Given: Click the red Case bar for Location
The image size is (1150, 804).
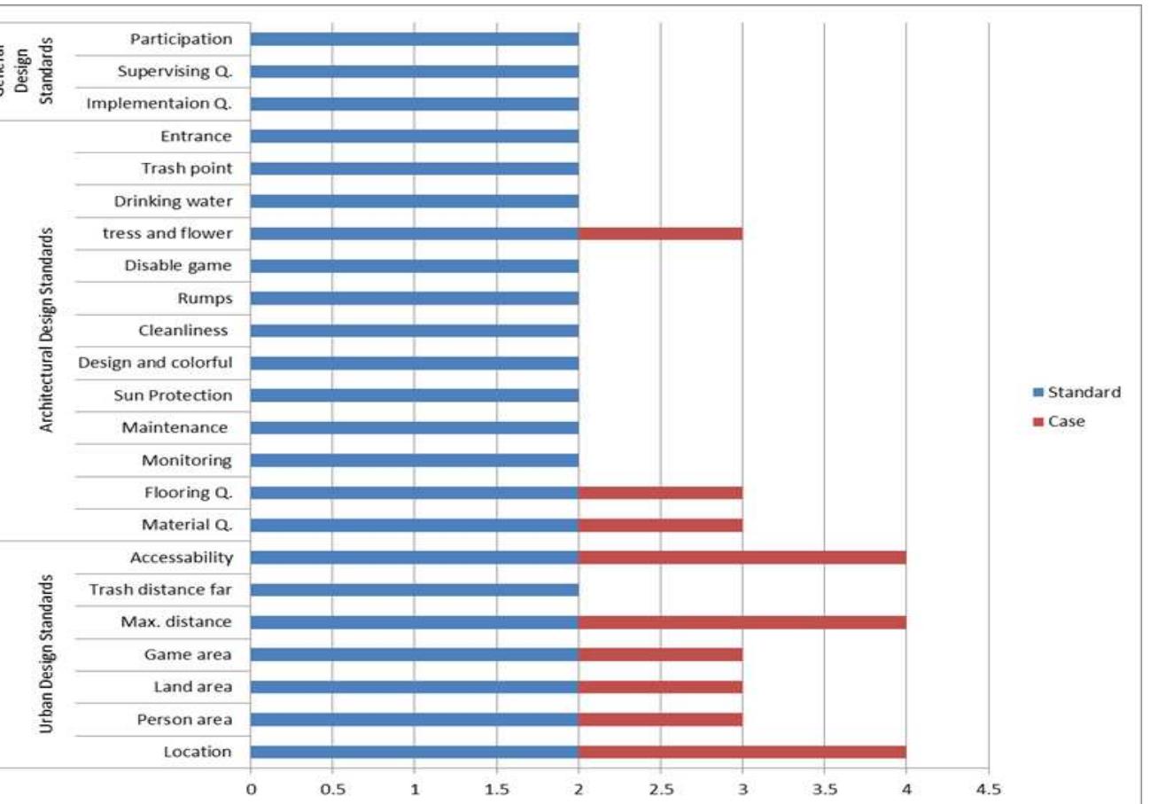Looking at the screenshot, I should tap(742, 752).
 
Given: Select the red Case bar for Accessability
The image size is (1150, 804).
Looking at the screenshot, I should tap(742, 558).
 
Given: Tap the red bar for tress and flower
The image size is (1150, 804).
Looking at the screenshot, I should tap(660, 233).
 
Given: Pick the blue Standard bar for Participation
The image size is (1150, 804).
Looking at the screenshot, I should tap(414, 39).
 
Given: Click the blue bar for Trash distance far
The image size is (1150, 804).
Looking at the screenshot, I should tap(414, 589).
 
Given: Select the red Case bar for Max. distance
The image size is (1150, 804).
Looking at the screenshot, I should tap(742, 622).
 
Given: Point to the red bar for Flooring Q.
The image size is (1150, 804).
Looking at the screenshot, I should tap(660, 492).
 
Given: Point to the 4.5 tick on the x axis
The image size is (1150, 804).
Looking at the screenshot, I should tap(988, 786).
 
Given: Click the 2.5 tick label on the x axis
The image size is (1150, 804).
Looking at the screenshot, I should tap(660, 786).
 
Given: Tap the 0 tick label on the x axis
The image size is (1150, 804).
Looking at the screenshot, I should tap(251, 786).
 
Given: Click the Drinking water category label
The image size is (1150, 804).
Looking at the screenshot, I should tap(173, 201).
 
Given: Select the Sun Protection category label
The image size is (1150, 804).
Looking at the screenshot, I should tap(173, 395).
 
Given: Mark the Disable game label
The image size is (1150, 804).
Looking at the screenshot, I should tap(178, 266).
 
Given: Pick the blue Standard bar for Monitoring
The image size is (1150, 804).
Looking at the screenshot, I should tap(414, 460).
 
